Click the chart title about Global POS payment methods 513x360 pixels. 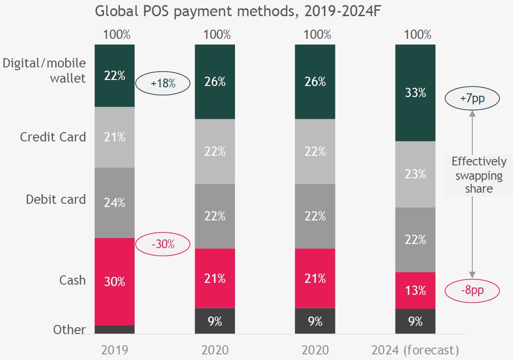pyautogui.click(x=237, y=11)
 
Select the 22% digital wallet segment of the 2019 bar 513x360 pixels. pyautogui.click(x=114, y=76)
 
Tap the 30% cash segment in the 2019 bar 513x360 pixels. pyautogui.click(x=114, y=281)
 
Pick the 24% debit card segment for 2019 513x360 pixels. pyautogui.click(x=114, y=202)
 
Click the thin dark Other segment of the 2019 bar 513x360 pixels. pyautogui.click(x=114, y=329)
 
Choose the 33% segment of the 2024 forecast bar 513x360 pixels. pyautogui.click(x=415, y=93)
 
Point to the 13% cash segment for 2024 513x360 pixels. pyautogui.click(x=415, y=290)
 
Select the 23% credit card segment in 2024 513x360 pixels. pyautogui.click(x=415, y=174)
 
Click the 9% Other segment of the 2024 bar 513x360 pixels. pyautogui.click(x=415, y=321)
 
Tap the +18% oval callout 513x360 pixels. pyautogui.click(x=163, y=84)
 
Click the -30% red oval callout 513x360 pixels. pyautogui.click(x=163, y=244)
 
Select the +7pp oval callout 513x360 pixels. pyautogui.click(x=472, y=98)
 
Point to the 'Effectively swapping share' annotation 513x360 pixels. pyautogui.click(x=479, y=175)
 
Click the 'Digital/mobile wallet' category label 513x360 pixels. pyautogui.click(x=45, y=71)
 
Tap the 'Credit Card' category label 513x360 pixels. pyautogui.click(x=53, y=137)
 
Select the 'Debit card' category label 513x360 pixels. pyautogui.click(x=56, y=200)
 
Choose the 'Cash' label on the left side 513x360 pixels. pyautogui.click(x=72, y=280)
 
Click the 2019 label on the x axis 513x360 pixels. pyautogui.click(x=114, y=349)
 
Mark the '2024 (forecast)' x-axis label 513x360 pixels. pyautogui.click(x=415, y=349)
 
